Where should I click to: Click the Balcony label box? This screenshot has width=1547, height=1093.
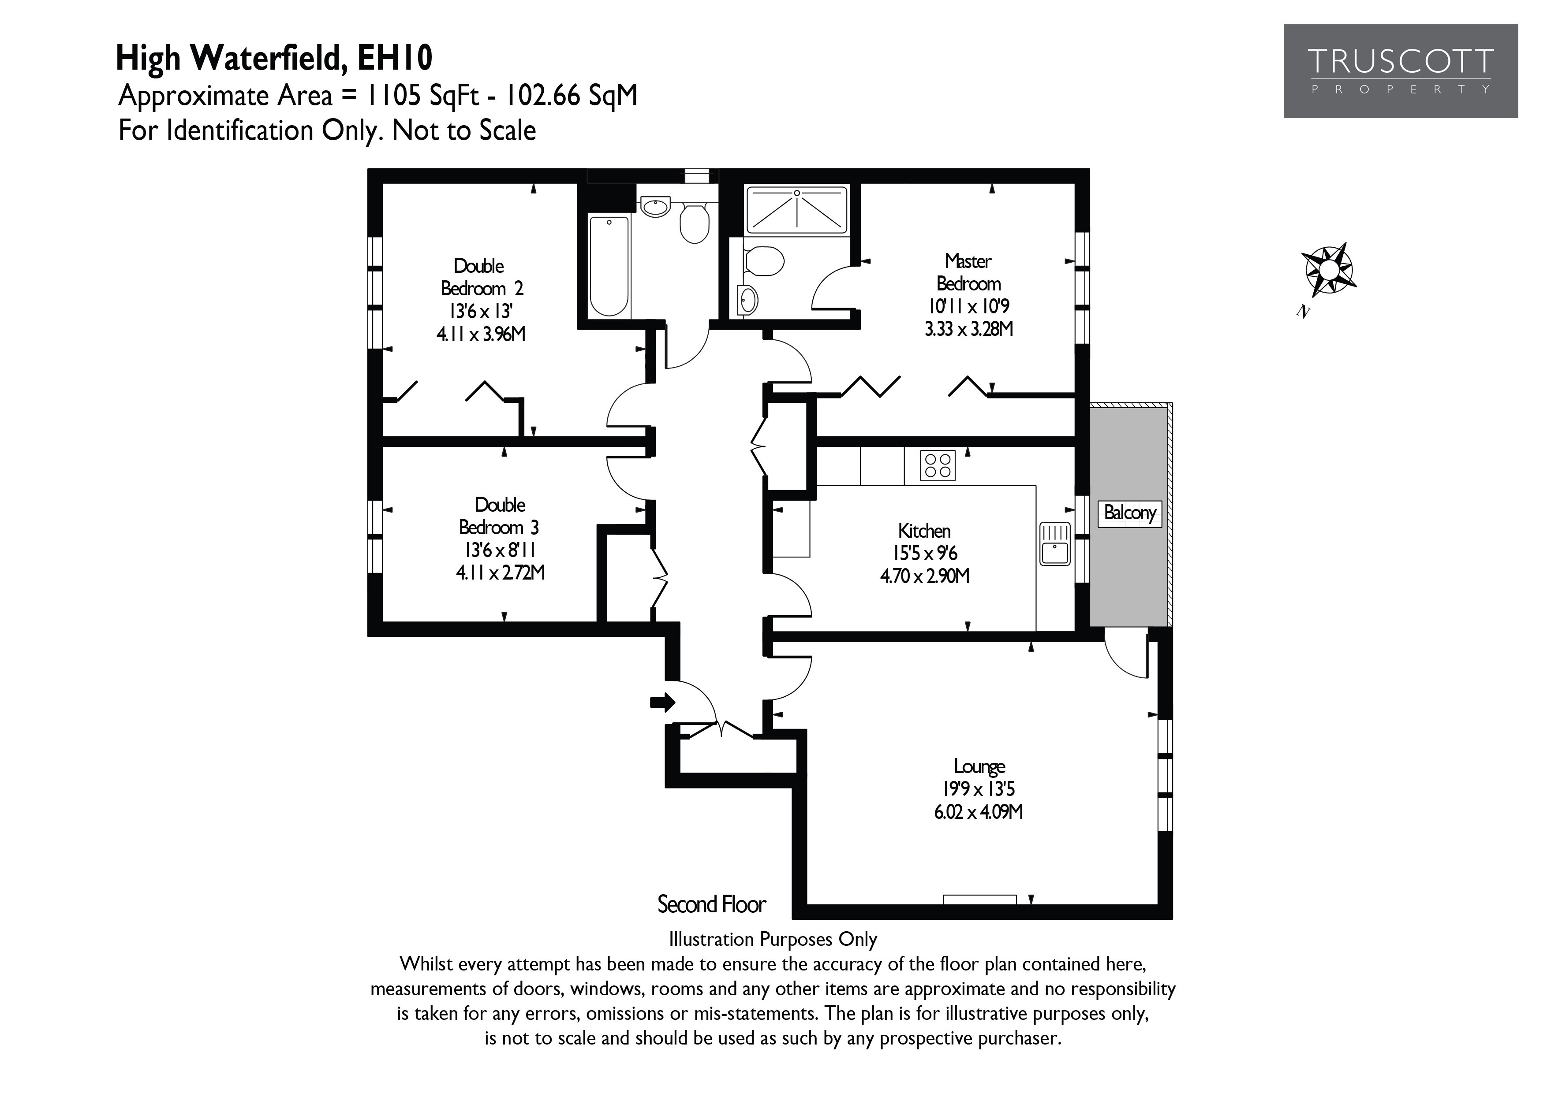tap(1129, 513)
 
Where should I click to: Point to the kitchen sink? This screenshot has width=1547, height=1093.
tap(1054, 544)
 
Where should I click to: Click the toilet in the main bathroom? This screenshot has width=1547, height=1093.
tap(694, 222)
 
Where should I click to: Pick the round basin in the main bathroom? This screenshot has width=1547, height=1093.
tap(654, 206)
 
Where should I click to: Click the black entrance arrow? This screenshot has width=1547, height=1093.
tap(662, 703)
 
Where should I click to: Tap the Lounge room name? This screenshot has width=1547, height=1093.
tap(979, 766)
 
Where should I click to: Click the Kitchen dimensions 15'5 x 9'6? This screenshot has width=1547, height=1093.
tap(924, 554)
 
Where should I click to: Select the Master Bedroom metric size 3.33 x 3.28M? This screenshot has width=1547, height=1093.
tap(969, 329)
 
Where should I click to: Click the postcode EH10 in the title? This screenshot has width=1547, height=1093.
tap(394, 59)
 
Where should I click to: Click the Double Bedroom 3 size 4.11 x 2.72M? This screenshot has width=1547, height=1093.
tap(500, 573)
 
